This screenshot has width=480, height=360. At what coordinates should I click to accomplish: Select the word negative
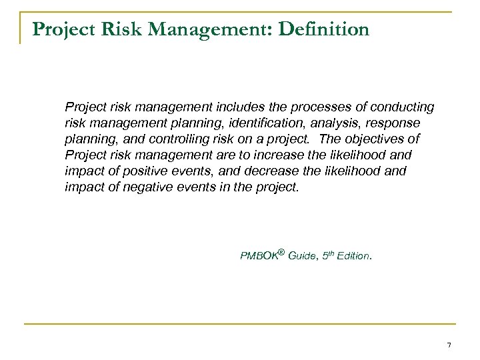coord(145,187)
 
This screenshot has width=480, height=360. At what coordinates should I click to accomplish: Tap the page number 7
coord(449,345)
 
